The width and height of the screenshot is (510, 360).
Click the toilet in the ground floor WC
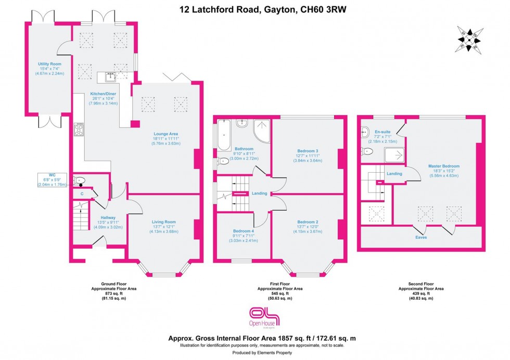(80, 181)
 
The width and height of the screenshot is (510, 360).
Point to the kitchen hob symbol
(80, 130)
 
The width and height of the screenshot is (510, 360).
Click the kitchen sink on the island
(110, 77)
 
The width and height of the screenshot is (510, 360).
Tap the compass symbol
(470, 39)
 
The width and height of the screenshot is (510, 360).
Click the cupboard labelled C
(82, 194)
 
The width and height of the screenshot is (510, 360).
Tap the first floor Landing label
(259, 193)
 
